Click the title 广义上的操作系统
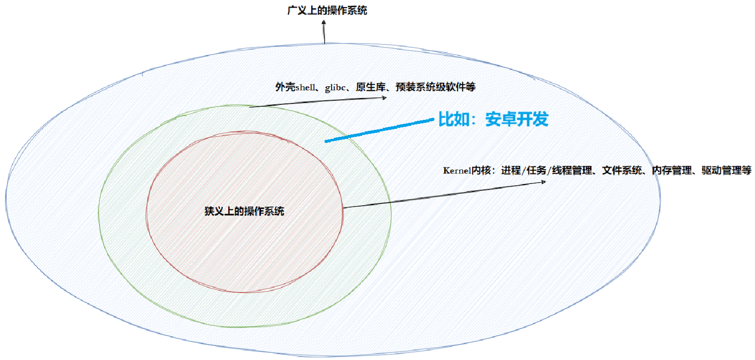point(327,10)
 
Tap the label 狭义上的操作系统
point(244,211)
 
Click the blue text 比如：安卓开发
point(494,119)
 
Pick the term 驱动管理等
point(726,170)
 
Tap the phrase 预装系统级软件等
point(435,87)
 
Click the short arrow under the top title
point(324,33)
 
